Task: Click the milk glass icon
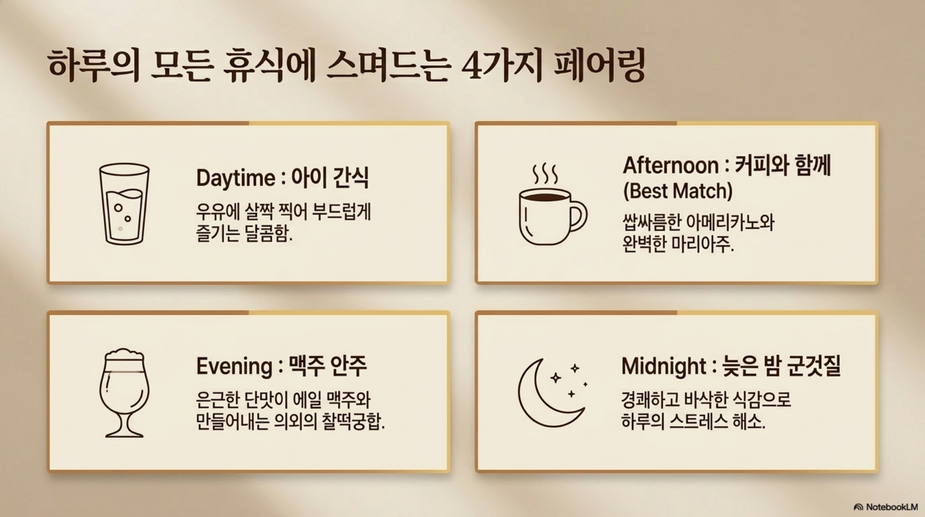tap(124, 204)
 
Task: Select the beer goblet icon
tap(124, 392)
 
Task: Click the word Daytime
tap(236, 178)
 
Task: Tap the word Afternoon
tap(671, 165)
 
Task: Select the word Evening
tap(234, 366)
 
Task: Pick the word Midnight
tap(664, 366)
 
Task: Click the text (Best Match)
tap(678, 191)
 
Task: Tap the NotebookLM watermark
tap(886, 507)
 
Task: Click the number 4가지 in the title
tap(501, 66)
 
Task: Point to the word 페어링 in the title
tap(600, 66)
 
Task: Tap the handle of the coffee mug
tap(579, 217)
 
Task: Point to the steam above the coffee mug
tap(545, 174)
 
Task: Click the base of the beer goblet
tap(124, 433)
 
